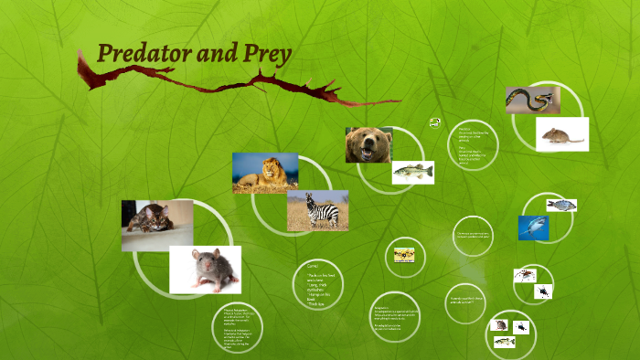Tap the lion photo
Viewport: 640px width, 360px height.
tap(264, 172)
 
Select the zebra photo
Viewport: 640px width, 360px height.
tap(317, 210)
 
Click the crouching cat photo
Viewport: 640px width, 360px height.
tap(156, 225)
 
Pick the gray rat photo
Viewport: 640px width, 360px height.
tap(205, 270)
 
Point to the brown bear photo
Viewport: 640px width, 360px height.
tap(368, 144)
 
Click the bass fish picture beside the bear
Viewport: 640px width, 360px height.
tap(412, 172)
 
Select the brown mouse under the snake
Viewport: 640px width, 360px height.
tap(561, 135)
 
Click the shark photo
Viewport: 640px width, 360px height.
tap(532, 227)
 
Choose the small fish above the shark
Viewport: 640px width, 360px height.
tap(560, 205)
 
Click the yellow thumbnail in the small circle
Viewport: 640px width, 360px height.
tap(404, 255)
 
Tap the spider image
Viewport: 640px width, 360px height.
tap(525, 274)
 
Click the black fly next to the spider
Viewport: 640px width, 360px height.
tap(543, 291)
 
